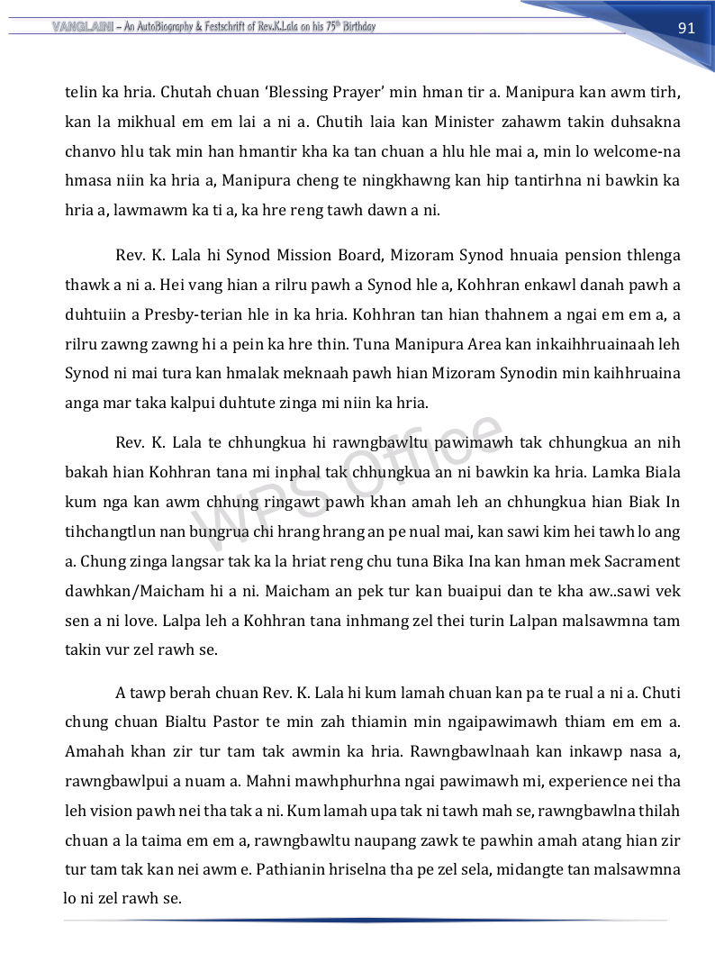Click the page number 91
tap(686, 28)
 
